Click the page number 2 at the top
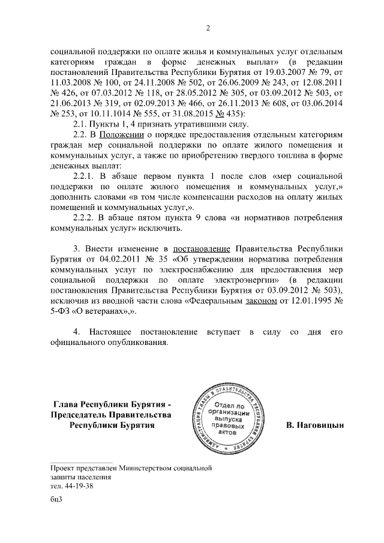coord(208,28)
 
